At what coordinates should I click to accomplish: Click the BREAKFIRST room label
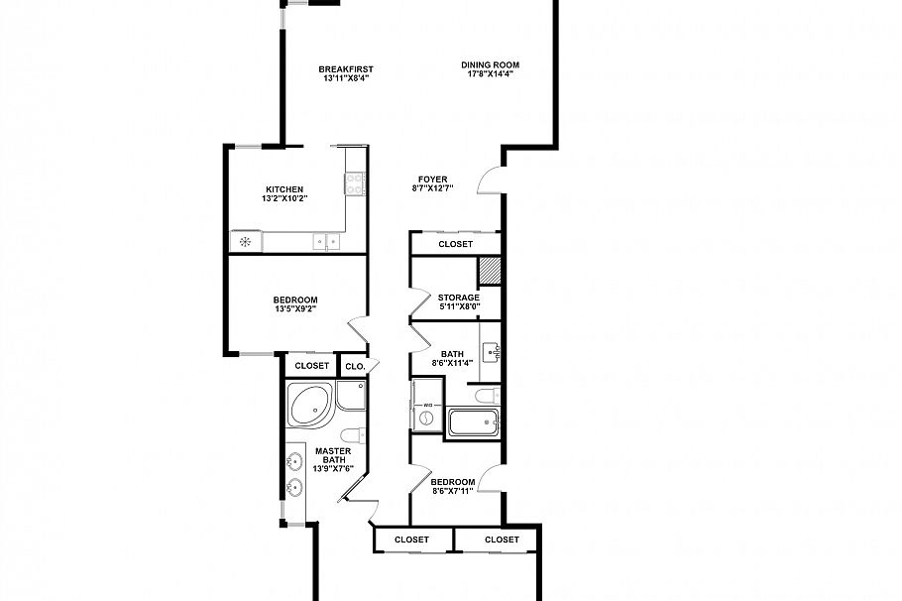[346, 68]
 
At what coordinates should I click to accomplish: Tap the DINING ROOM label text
[490, 65]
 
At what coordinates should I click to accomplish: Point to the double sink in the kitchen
[325, 241]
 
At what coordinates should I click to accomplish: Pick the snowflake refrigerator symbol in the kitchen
[243, 241]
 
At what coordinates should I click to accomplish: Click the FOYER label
[432, 180]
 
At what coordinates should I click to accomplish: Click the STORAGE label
[459, 298]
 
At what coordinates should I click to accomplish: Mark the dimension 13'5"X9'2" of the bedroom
[295, 309]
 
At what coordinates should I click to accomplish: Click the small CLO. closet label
[355, 366]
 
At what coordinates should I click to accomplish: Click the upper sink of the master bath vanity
[294, 461]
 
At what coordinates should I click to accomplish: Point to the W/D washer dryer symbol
[425, 416]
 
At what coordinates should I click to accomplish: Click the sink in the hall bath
[493, 352]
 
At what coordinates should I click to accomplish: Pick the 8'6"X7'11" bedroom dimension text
[454, 491]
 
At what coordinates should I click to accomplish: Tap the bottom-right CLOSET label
[502, 540]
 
